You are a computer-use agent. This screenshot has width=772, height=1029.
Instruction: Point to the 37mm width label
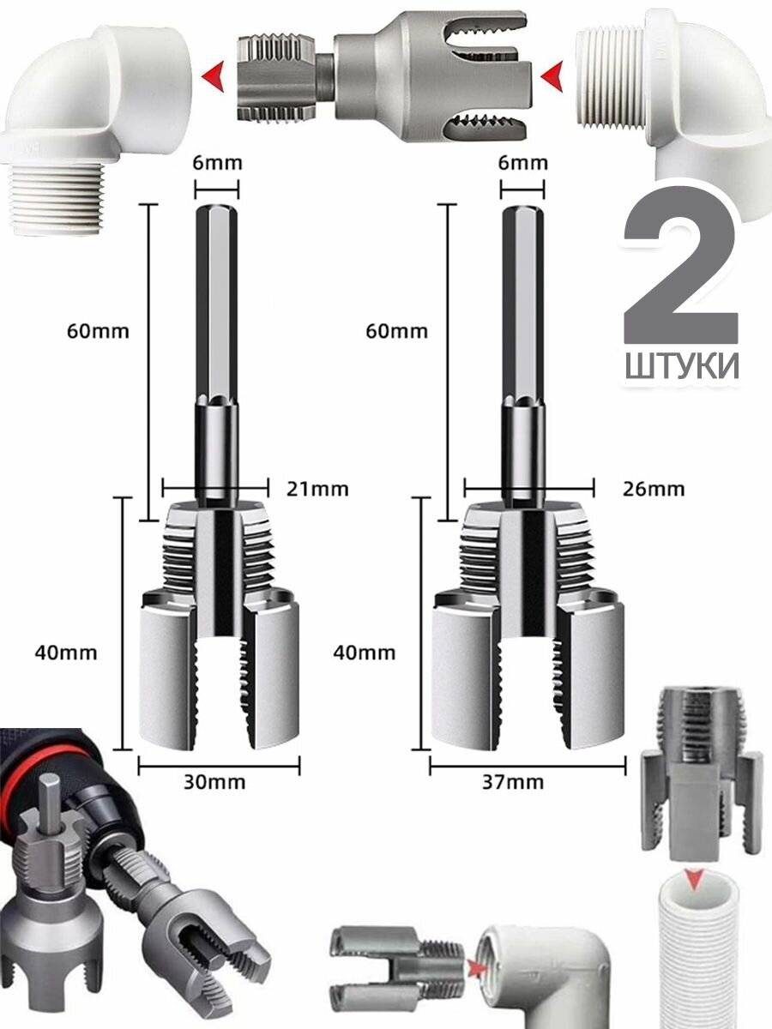click(516, 782)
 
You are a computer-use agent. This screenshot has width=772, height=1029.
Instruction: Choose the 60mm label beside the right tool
click(396, 331)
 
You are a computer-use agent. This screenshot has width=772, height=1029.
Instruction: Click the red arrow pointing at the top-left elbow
click(215, 80)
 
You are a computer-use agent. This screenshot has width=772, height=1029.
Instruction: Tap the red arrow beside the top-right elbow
click(552, 80)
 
